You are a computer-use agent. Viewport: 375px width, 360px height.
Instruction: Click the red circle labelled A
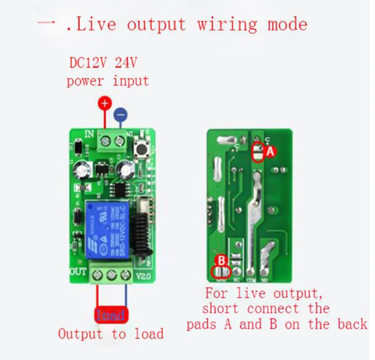[270, 152]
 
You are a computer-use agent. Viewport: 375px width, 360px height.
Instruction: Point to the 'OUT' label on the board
[78, 271]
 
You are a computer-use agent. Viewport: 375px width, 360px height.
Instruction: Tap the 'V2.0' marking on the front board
[143, 276]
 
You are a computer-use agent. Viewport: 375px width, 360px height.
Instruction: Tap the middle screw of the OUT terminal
[111, 275]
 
